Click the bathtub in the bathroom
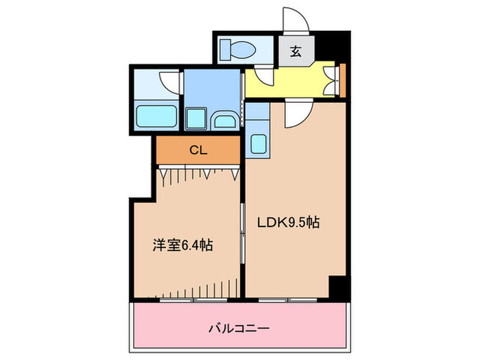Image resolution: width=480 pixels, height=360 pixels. pyautogui.click(x=158, y=116)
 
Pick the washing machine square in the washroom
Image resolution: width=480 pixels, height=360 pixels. pyautogui.click(x=197, y=118)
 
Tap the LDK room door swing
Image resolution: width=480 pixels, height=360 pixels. pyautogui.click(x=296, y=114)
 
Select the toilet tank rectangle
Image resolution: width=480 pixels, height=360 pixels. pyautogui.click(x=227, y=49)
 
